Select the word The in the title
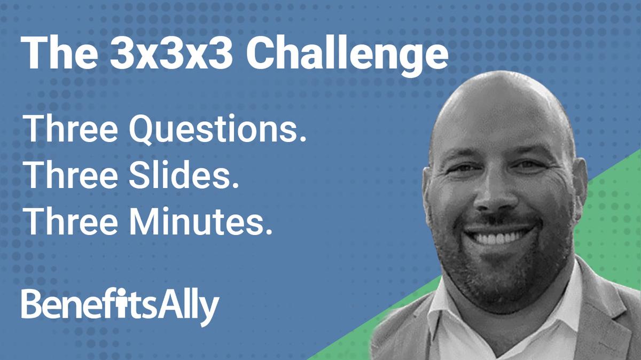49,52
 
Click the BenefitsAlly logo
120,306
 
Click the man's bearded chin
502,272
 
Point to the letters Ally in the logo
193,307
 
